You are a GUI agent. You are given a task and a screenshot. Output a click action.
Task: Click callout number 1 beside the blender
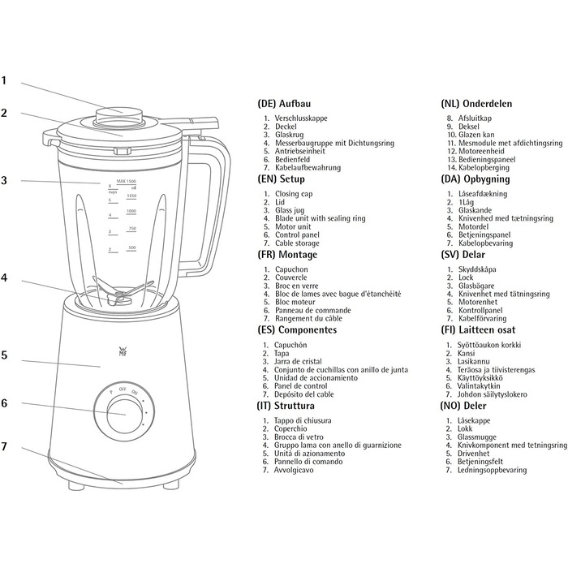coord(4,81)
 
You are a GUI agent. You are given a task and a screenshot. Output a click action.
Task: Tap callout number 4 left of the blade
coord(4,278)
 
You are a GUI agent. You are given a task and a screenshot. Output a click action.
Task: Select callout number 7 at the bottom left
coord(4,446)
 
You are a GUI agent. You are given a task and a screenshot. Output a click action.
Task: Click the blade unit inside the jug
coord(123,291)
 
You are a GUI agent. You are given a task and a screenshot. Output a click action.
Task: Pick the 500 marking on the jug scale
coord(131,247)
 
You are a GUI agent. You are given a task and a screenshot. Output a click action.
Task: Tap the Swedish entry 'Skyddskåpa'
coord(477,269)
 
